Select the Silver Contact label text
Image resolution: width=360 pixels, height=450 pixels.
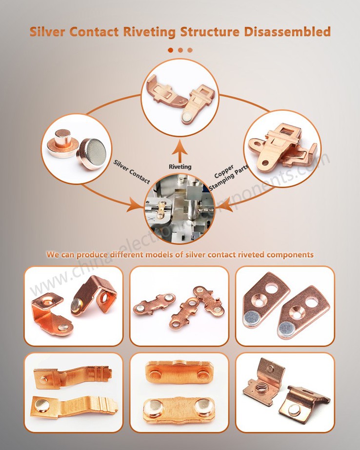point(132,171)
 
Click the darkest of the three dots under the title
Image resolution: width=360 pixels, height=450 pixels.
point(170,50)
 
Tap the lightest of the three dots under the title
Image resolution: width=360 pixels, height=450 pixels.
point(190,50)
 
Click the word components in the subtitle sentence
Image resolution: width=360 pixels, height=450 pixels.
point(288,255)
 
